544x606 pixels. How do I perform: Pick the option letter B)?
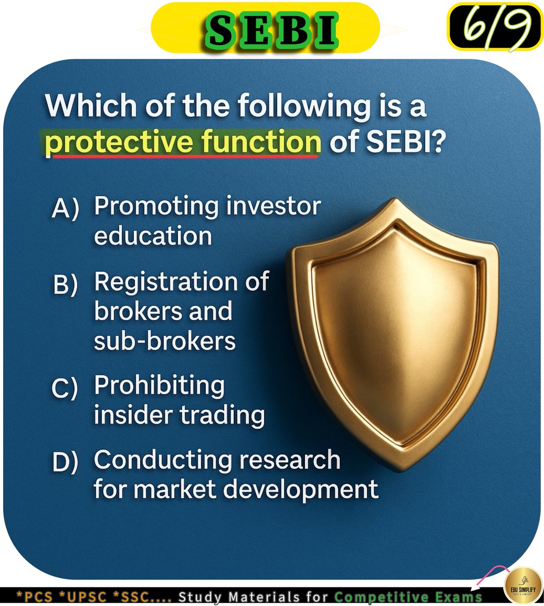[65, 285]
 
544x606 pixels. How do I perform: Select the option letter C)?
[65, 388]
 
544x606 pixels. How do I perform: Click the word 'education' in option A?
[152, 236]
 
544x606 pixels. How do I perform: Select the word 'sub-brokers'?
[165, 341]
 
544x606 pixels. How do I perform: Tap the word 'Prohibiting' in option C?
[159, 386]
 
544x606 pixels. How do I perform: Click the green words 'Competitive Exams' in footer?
[408, 597]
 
